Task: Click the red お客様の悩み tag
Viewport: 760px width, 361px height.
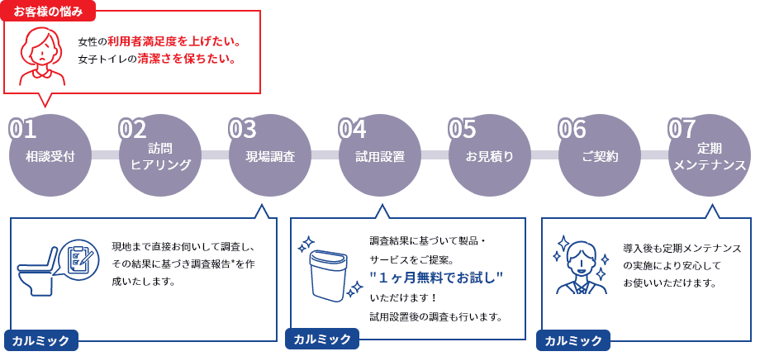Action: (x=50, y=12)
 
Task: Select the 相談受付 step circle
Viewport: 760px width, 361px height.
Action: (x=50, y=155)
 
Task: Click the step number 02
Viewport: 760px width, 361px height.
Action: (x=132, y=130)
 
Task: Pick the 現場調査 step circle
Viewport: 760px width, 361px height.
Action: (x=270, y=155)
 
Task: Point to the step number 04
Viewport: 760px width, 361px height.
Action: (x=353, y=130)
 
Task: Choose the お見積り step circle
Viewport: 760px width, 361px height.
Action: (x=490, y=155)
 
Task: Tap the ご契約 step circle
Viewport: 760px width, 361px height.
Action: (x=600, y=155)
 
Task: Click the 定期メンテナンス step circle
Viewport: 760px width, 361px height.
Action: (x=710, y=155)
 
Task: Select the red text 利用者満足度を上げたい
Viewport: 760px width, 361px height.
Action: (x=174, y=41)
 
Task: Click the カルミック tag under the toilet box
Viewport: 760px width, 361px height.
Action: (x=41, y=340)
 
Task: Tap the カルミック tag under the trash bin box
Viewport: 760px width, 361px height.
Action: (x=322, y=340)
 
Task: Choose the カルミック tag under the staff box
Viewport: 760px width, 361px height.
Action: (x=573, y=340)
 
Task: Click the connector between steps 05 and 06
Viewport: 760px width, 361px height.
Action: (x=544, y=155)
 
